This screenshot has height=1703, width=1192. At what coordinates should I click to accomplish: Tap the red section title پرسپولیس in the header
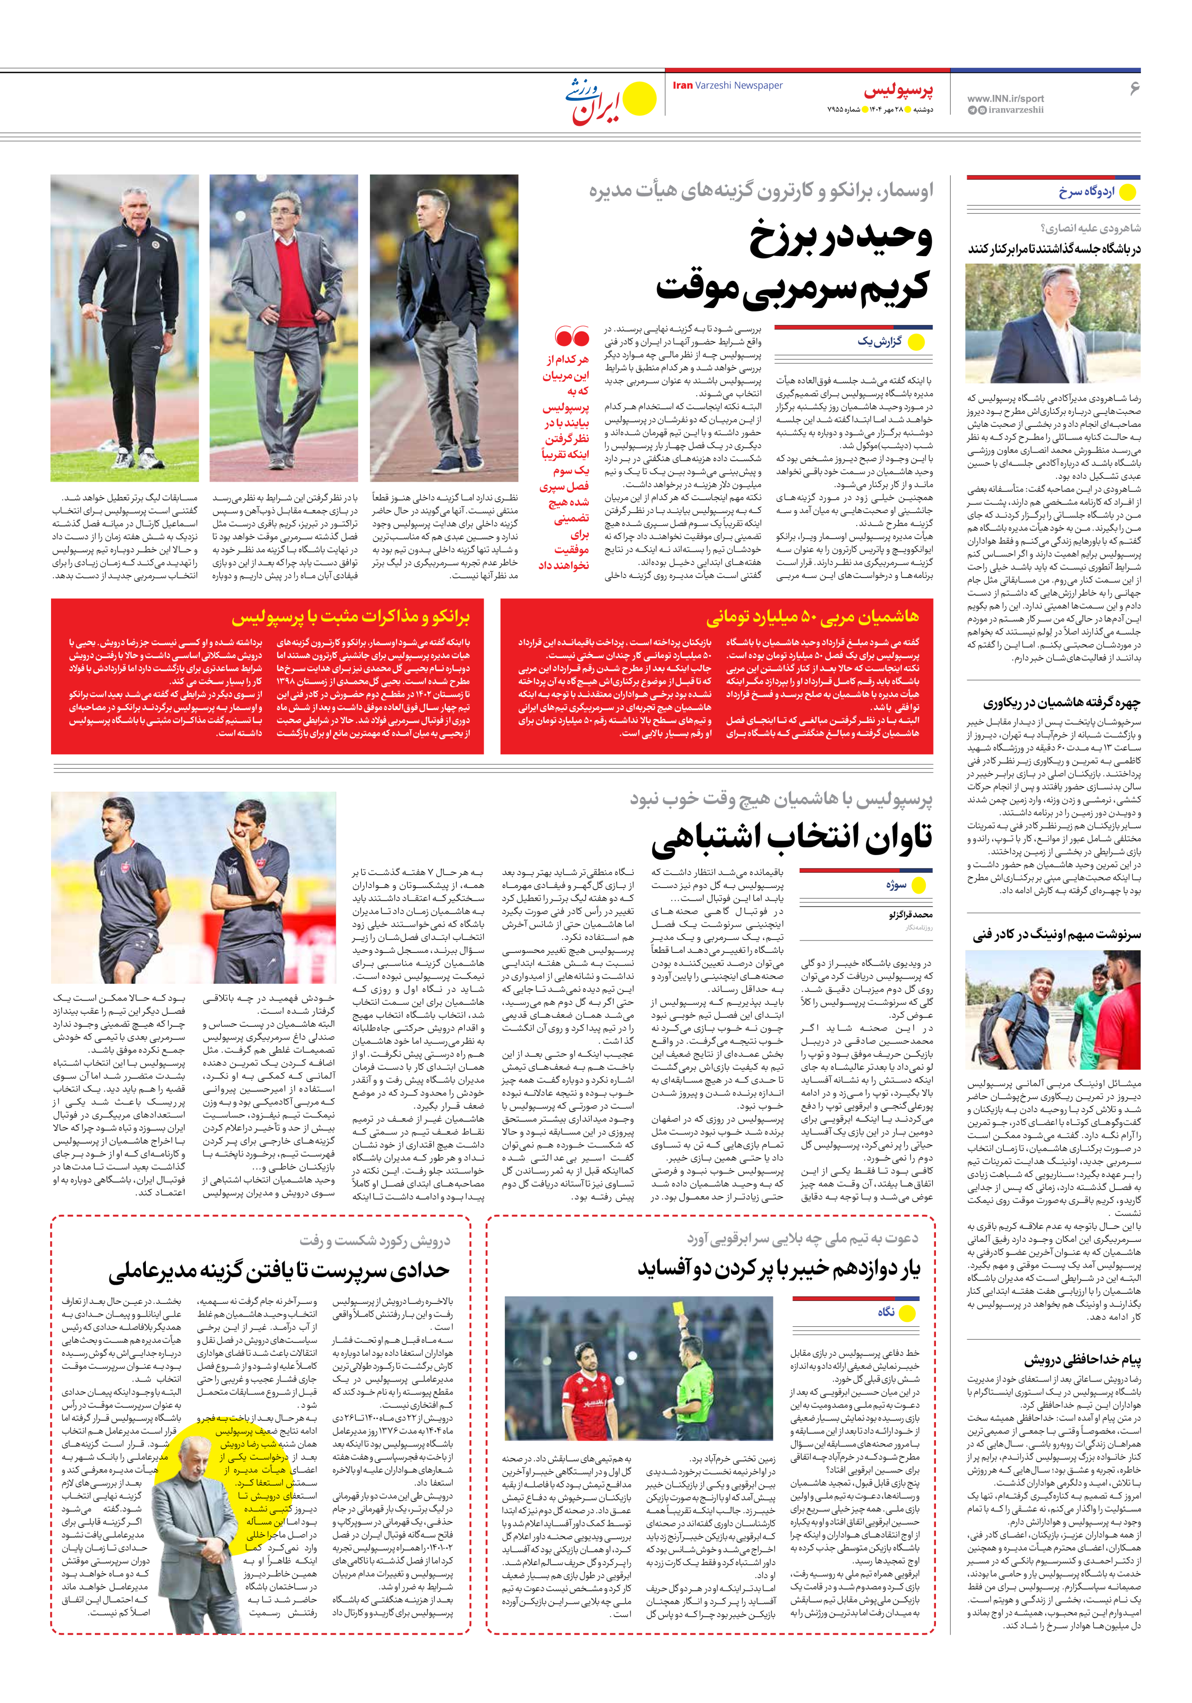(898, 91)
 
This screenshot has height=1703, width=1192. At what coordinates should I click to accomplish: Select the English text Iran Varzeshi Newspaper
(728, 85)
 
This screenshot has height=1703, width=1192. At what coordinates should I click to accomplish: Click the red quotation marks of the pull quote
(572, 338)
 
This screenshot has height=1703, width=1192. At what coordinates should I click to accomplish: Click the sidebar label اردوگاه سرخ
(1086, 191)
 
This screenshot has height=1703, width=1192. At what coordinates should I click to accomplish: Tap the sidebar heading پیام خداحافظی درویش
(1082, 1359)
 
